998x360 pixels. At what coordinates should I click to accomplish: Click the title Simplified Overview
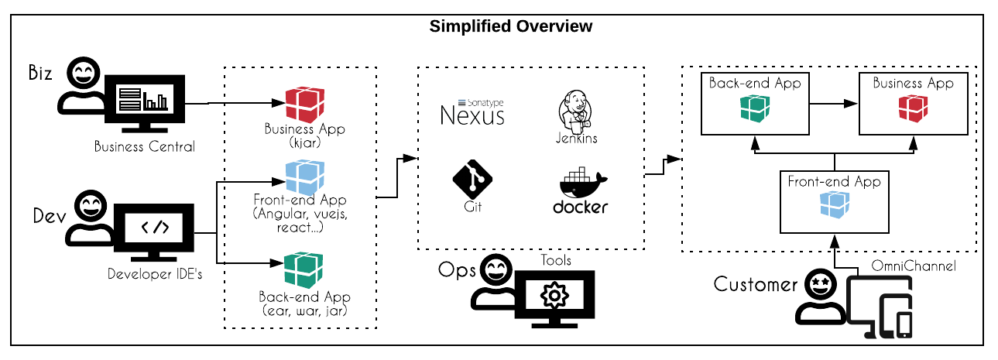point(511,26)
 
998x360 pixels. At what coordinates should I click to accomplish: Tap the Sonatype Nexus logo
point(472,112)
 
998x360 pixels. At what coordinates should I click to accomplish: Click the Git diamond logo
point(473,179)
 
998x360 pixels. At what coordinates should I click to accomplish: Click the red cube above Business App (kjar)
point(304,105)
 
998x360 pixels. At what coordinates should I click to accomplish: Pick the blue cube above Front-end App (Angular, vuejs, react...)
point(304,177)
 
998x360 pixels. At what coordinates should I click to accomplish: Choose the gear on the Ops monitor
point(554,296)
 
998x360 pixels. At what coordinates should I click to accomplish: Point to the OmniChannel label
point(914,266)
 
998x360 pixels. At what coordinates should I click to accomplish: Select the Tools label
point(556,260)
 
